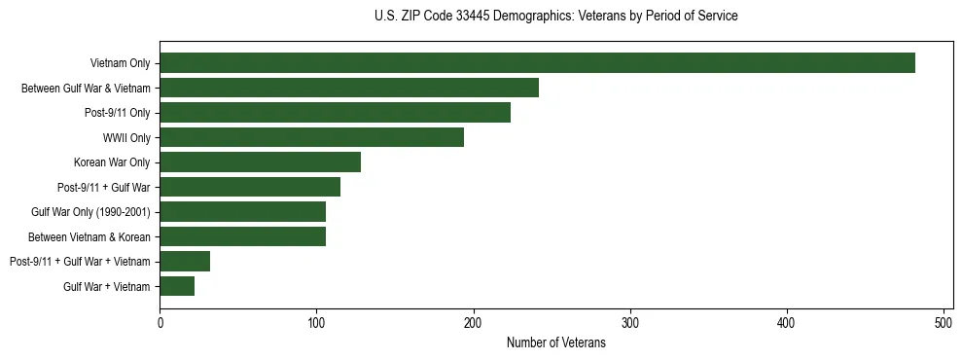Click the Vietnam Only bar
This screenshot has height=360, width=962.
tap(537, 63)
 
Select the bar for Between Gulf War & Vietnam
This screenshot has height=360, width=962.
tap(349, 89)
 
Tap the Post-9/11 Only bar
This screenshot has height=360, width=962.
tap(335, 113)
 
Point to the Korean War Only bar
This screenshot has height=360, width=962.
tap(260, 162)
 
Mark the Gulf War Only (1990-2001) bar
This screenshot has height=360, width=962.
tap(242, 212)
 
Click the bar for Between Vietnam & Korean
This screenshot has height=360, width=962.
tap(242, 236)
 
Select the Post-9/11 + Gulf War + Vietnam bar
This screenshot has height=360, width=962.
tap(185, 261)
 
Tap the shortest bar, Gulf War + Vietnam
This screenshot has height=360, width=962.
tap(177, 286)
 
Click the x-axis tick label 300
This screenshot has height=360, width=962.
tap(630, 322)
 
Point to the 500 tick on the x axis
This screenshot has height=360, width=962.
tap(944, 322)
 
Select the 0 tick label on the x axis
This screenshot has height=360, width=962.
tap(160, 322)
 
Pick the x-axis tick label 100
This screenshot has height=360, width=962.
tap(317, 322)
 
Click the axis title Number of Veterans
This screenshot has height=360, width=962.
tap(555, 342)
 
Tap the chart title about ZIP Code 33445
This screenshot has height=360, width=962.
tap(555, 17)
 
